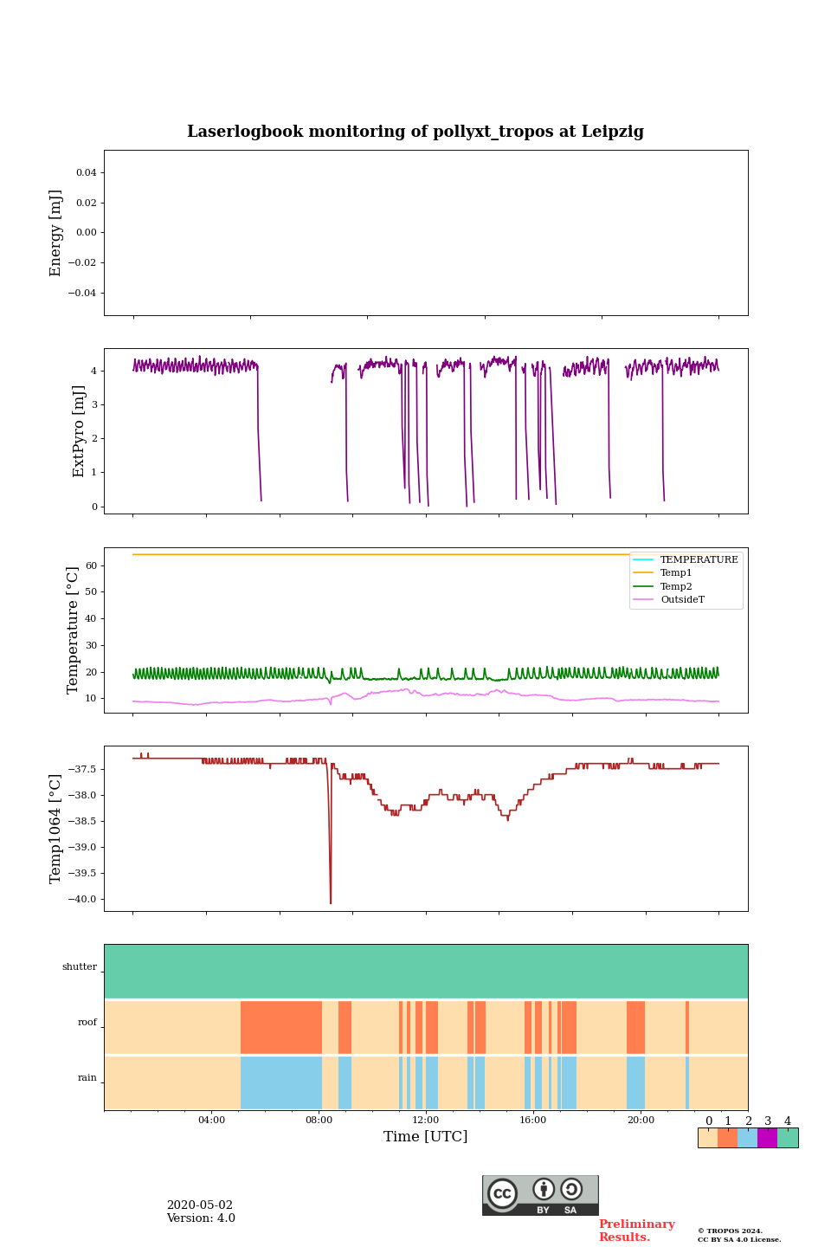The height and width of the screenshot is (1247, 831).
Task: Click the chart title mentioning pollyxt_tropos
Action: click(x=415, y=132)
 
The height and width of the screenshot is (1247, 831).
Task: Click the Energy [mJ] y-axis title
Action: click(x=56, y=233)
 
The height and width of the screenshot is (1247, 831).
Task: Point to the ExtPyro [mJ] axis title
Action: click(x=79, y=431)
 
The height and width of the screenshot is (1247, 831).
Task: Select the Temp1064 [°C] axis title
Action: click(x=56, y=829)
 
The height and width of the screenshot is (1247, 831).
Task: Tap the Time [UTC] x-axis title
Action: click(x=426, y=1136)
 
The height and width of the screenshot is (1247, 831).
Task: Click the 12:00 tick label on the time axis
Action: click(x=426, y=1120)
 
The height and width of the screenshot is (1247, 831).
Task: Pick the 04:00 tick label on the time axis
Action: click(x=211, y=1120)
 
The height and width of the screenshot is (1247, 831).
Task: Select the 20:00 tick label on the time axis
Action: click(x=641, y=1120)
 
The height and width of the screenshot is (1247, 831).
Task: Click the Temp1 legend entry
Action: click(x=676, y=573)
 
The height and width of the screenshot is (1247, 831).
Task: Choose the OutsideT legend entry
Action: click(x=682, y=599)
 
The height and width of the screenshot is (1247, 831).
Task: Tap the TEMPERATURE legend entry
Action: click(x=699, y=560)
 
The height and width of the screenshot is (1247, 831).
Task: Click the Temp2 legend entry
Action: click(x=676, y=586)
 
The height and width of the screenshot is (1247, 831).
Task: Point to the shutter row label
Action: click(x=80, y=967)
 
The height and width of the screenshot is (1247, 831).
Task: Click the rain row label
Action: click(x=87, y=1078)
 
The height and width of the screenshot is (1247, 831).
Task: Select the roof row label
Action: click(x=87, y=1023)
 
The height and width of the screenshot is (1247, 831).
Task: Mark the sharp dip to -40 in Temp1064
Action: click(x=331, y=901)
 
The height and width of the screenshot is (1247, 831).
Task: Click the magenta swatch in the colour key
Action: click(x=767, y=1138)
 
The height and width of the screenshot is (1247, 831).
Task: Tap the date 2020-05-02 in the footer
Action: click(x=200, y=1205)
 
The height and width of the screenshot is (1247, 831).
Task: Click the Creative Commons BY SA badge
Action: click(x=540, y=1195)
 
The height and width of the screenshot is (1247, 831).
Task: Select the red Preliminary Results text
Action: click(x=636, y=1231)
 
